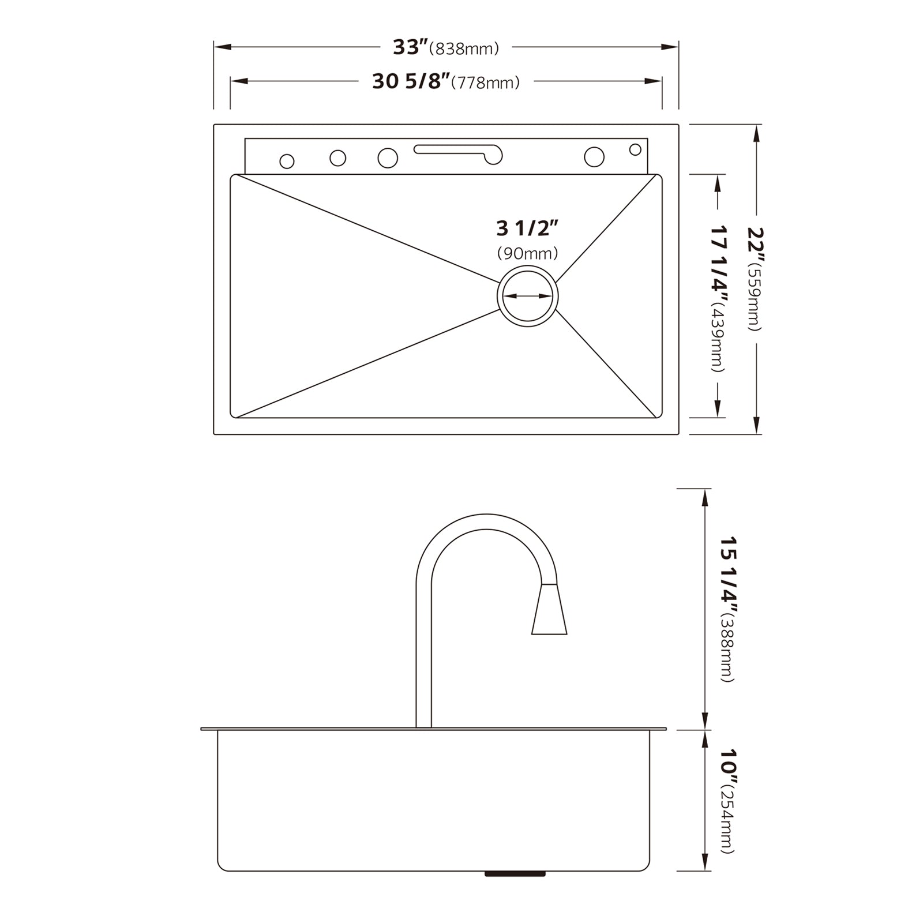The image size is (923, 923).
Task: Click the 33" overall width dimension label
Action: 411,47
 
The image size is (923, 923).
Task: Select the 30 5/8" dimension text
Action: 411,82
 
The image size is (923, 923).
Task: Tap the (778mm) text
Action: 485,83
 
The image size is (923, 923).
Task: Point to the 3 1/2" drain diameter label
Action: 527,228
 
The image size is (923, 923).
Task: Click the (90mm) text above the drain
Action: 527,253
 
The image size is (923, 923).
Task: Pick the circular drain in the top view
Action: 527,296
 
